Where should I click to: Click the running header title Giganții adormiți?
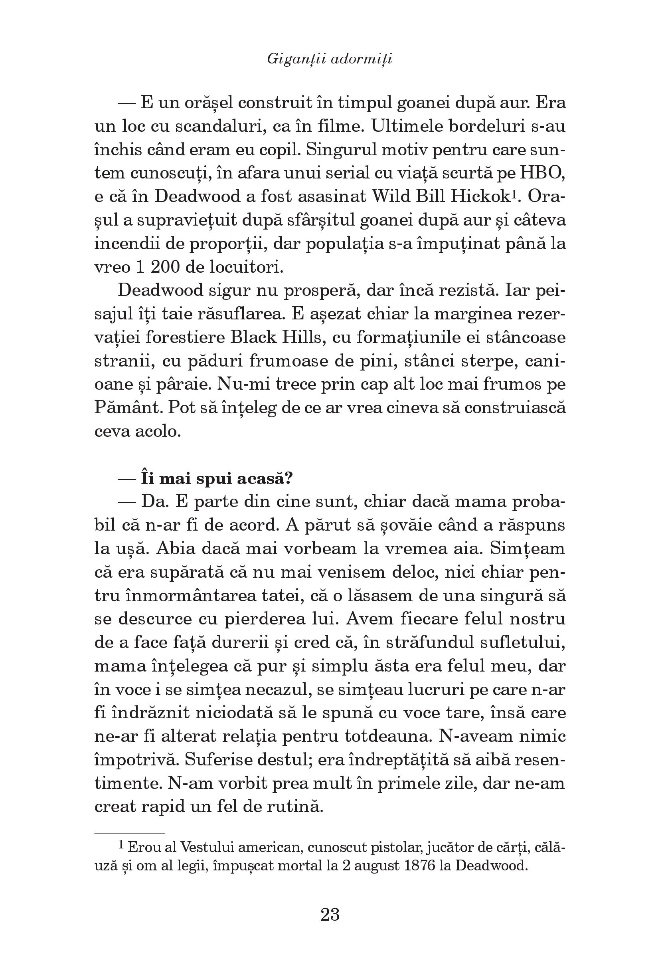pos(330,59)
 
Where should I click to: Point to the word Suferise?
pos(220,760)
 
